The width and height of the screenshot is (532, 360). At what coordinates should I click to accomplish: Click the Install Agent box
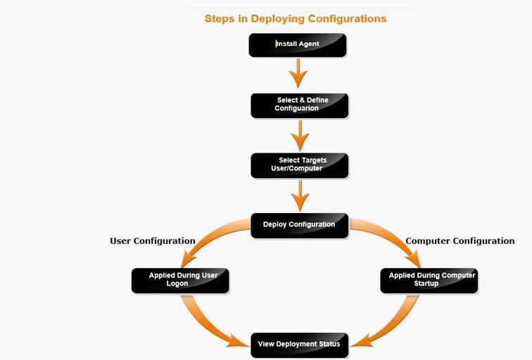(x=298, y=45)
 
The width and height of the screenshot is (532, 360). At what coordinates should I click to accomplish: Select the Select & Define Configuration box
(x=300, y=105)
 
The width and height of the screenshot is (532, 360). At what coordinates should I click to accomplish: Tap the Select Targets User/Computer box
(x=300, y=165)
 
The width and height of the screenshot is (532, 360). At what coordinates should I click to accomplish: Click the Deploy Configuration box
(x=300, y=226)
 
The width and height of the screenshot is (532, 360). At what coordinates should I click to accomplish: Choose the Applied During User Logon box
(x=180, y=281)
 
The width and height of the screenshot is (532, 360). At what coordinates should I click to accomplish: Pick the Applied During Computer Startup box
(x=429, y=281)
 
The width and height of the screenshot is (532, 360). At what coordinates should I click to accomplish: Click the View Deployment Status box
(x=300, y=345)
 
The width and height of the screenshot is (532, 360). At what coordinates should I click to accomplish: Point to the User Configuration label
(x=153, y=241)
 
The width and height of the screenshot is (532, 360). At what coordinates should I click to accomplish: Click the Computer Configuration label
(x=460, y=241)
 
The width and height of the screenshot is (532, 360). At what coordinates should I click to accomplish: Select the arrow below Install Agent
(x=298, y=73)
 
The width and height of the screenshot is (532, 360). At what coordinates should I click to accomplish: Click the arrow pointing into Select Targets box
(x=300, y=136)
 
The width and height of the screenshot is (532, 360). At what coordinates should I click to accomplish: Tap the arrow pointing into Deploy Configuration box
(x=300, y=195)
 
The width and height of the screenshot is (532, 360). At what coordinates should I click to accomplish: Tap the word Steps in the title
(x=220, y=19)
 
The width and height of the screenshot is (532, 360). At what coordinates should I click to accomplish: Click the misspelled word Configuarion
(x=296, y=108)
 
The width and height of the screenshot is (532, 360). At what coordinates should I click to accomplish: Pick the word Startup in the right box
(x=426, y=283)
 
